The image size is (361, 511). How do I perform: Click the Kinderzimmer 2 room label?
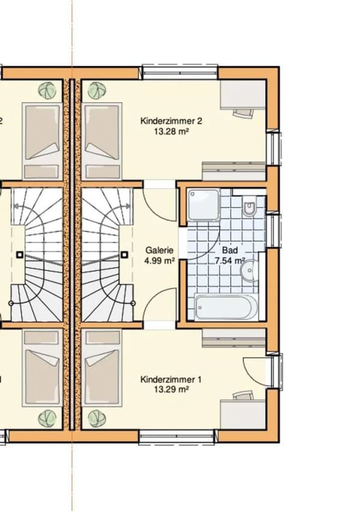tap(171, 121)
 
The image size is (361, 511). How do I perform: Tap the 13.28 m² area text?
tap(172, 131)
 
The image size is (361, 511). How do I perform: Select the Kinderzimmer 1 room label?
tap(171, 379)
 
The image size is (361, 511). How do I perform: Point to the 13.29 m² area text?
tap(171, 390)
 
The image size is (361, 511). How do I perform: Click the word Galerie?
tap(159, 250)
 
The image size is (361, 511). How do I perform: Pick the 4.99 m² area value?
tap(159, 261)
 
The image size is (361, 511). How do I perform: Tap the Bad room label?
tap(230, 250)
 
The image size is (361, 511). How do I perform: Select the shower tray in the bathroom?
tap(203, 204)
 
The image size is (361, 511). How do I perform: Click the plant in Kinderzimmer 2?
tap(97, 90)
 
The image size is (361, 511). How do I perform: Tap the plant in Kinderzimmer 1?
tap(97, 418)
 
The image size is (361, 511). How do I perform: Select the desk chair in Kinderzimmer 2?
tap(243, 113)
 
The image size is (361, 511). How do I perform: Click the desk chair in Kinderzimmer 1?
tap(243, 395)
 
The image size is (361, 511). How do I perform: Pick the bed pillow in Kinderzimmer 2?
tap(102, 172)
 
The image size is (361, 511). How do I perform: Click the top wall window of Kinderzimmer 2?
tap(180, 72)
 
